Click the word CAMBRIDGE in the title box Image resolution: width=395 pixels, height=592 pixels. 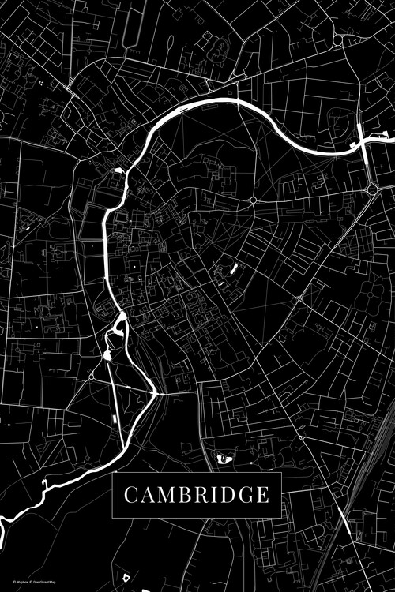[196, 495]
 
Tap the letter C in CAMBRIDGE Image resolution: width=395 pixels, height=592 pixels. [130, 495]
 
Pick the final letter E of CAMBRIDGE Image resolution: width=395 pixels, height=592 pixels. [262, 495]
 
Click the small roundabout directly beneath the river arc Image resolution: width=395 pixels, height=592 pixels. [253, 200]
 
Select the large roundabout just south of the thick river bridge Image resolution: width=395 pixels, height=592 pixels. [371, 189]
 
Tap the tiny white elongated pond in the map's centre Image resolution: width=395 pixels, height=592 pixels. [234, 271]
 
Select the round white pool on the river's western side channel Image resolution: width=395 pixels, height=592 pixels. [107, 355]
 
